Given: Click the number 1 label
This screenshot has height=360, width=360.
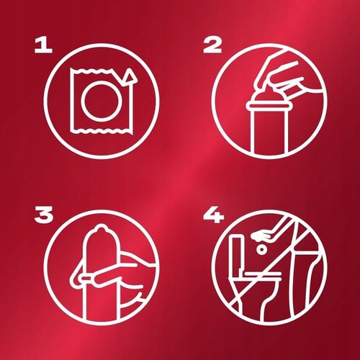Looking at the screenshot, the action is (x=43, y=46).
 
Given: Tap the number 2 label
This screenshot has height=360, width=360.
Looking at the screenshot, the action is (x=212, y=46).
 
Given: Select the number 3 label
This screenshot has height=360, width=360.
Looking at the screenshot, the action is (x=44, y=215).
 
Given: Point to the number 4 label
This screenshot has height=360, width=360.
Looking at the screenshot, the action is (x=213, y=215).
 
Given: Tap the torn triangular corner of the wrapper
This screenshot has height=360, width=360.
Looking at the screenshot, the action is (x=130, y=76).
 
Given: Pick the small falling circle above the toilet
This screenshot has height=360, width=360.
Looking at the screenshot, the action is (x=261, y=250).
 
